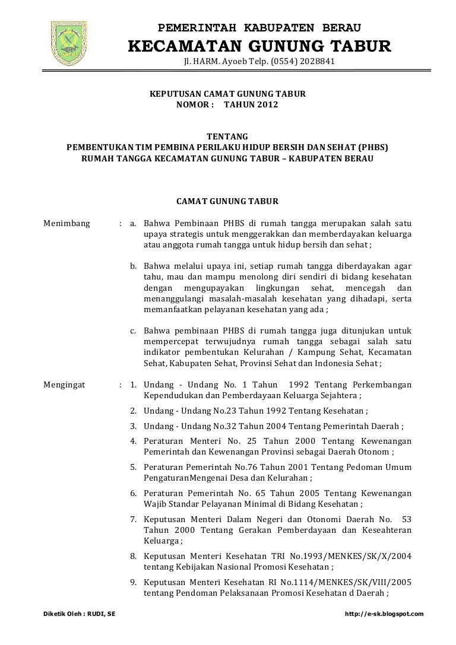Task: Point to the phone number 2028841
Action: (318, 62)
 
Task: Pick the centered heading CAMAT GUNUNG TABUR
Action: (227, 202)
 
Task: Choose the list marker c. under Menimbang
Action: (134, 331)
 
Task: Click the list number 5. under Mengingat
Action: (134, 468)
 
